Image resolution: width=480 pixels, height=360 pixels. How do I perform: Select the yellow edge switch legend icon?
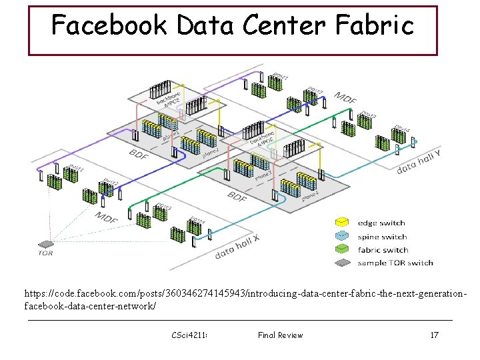(342, 223)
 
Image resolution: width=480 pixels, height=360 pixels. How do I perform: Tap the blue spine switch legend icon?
(342, 237)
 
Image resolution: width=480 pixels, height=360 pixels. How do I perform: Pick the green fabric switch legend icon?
(342, 250)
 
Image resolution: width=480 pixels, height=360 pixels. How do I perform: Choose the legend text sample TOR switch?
(395, 263)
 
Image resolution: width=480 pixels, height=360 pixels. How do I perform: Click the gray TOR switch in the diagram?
(46, 244)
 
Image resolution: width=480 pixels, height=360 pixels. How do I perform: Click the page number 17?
(434, 335)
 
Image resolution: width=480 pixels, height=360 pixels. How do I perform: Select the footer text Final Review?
(280, 335)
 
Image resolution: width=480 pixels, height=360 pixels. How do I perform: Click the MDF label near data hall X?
(107, 218)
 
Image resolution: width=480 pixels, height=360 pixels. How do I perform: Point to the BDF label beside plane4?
(237, 197)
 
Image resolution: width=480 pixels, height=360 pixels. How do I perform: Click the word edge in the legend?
(369, 223)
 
